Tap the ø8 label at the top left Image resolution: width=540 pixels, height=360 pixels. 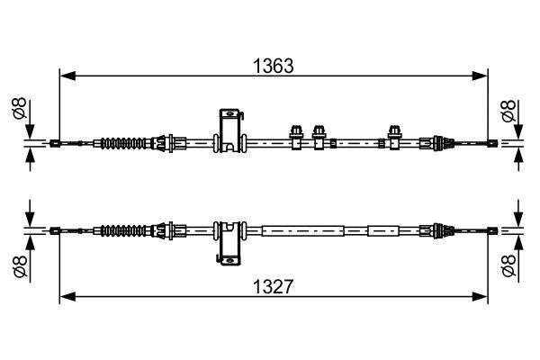click(18, 111)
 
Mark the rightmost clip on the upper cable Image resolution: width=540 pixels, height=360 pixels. click(393, 135)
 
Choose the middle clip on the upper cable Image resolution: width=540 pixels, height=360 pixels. click(319, 135)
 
